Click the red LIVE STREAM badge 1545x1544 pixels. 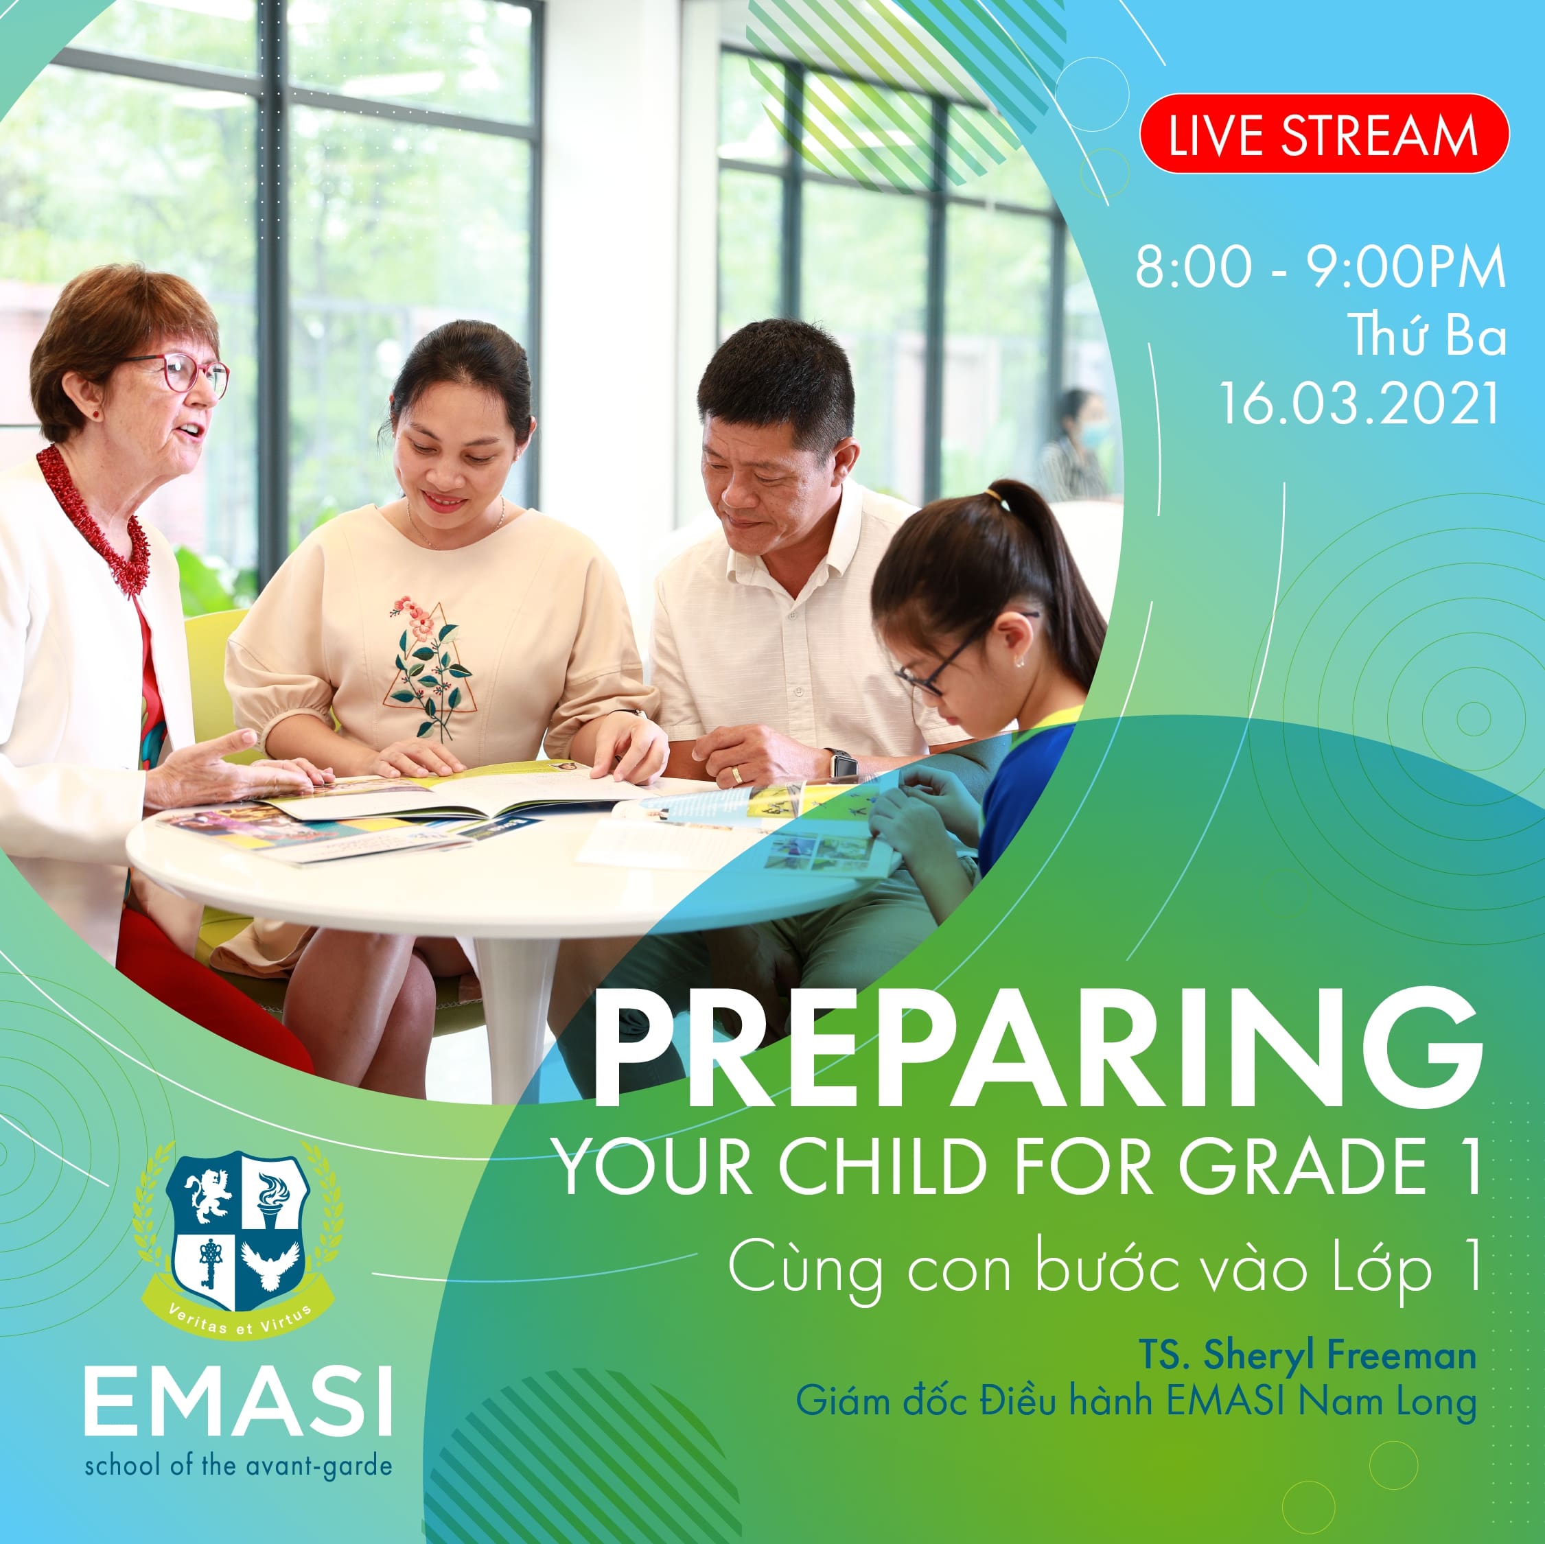1323,134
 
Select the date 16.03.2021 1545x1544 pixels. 1359,403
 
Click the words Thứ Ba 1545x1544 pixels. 1428,335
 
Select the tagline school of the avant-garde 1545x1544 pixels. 238,1466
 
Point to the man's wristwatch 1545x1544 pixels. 841,764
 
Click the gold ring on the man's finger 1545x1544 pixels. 736,773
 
